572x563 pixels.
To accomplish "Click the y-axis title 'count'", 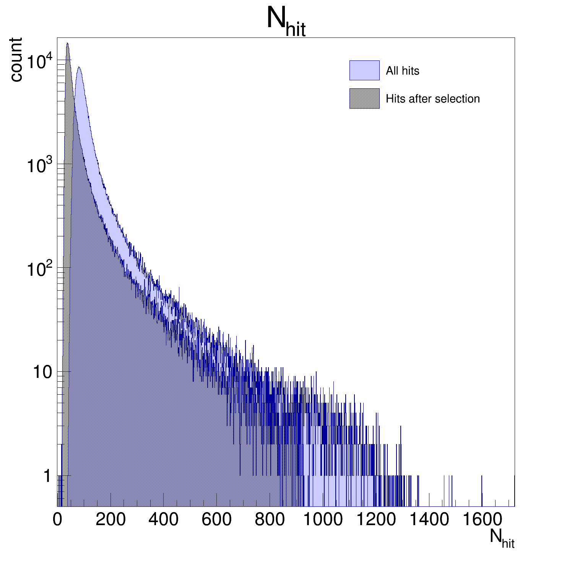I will (16, 60).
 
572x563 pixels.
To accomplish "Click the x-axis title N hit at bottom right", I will (502, 538).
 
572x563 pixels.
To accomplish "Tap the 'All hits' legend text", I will (402, 71).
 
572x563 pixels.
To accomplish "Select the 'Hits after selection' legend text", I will (432, 99).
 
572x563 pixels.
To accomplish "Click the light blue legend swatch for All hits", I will (364, 70).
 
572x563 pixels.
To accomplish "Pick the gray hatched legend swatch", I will (364, 98).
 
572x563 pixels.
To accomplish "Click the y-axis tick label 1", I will (47, 476).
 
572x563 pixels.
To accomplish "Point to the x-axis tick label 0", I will (57, 519).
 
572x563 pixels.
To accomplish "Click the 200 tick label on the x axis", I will (110, 519).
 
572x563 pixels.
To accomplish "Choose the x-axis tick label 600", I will (216, 519).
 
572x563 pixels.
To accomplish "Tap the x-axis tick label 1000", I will (323, 519).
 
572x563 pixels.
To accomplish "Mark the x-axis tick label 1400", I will (429, 519).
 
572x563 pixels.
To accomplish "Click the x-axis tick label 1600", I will (482, 519).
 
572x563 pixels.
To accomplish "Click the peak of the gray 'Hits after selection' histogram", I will (67, 43).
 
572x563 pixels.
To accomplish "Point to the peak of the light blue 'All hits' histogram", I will (79, 67).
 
